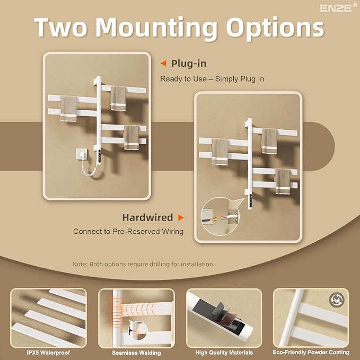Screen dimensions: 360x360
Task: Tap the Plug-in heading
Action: pyautogui.click(x=189, y=64)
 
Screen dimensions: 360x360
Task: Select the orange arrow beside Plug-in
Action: pyautogui.click(x=163, y=64)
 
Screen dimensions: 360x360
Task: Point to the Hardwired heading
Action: pyautogui.click(x=147, y=217)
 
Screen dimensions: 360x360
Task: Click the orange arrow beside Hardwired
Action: pyautogui.click(x=181, y=217)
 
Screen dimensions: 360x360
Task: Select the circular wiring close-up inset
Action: pyautogui.click(x=219, y=216)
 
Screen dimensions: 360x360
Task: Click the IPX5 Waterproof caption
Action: pyautogui.click(x=48, y=353)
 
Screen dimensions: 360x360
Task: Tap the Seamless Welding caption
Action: pyautogui.click(x=136, y=353)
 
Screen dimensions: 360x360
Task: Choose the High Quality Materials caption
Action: pyautogui.click(x=224, y=353)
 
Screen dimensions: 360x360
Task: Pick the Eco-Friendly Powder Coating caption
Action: pyautogui.click(x=311, y=352)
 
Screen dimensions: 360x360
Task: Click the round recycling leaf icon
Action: pyautogui.click(x=337, y=300)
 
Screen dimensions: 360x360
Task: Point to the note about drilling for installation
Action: pyautogui.click(x=143, y=264)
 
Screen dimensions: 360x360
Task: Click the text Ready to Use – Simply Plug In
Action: pyautogui.click(x=212, y=79)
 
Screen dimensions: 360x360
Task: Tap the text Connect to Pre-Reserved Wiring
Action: pyautogui.click(x=128, y=231)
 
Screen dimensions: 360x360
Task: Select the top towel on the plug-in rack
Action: pyautogui.click(x=118, y=98)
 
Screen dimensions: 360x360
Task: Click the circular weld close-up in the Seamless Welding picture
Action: pyautogui.click(x=137, y=331)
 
